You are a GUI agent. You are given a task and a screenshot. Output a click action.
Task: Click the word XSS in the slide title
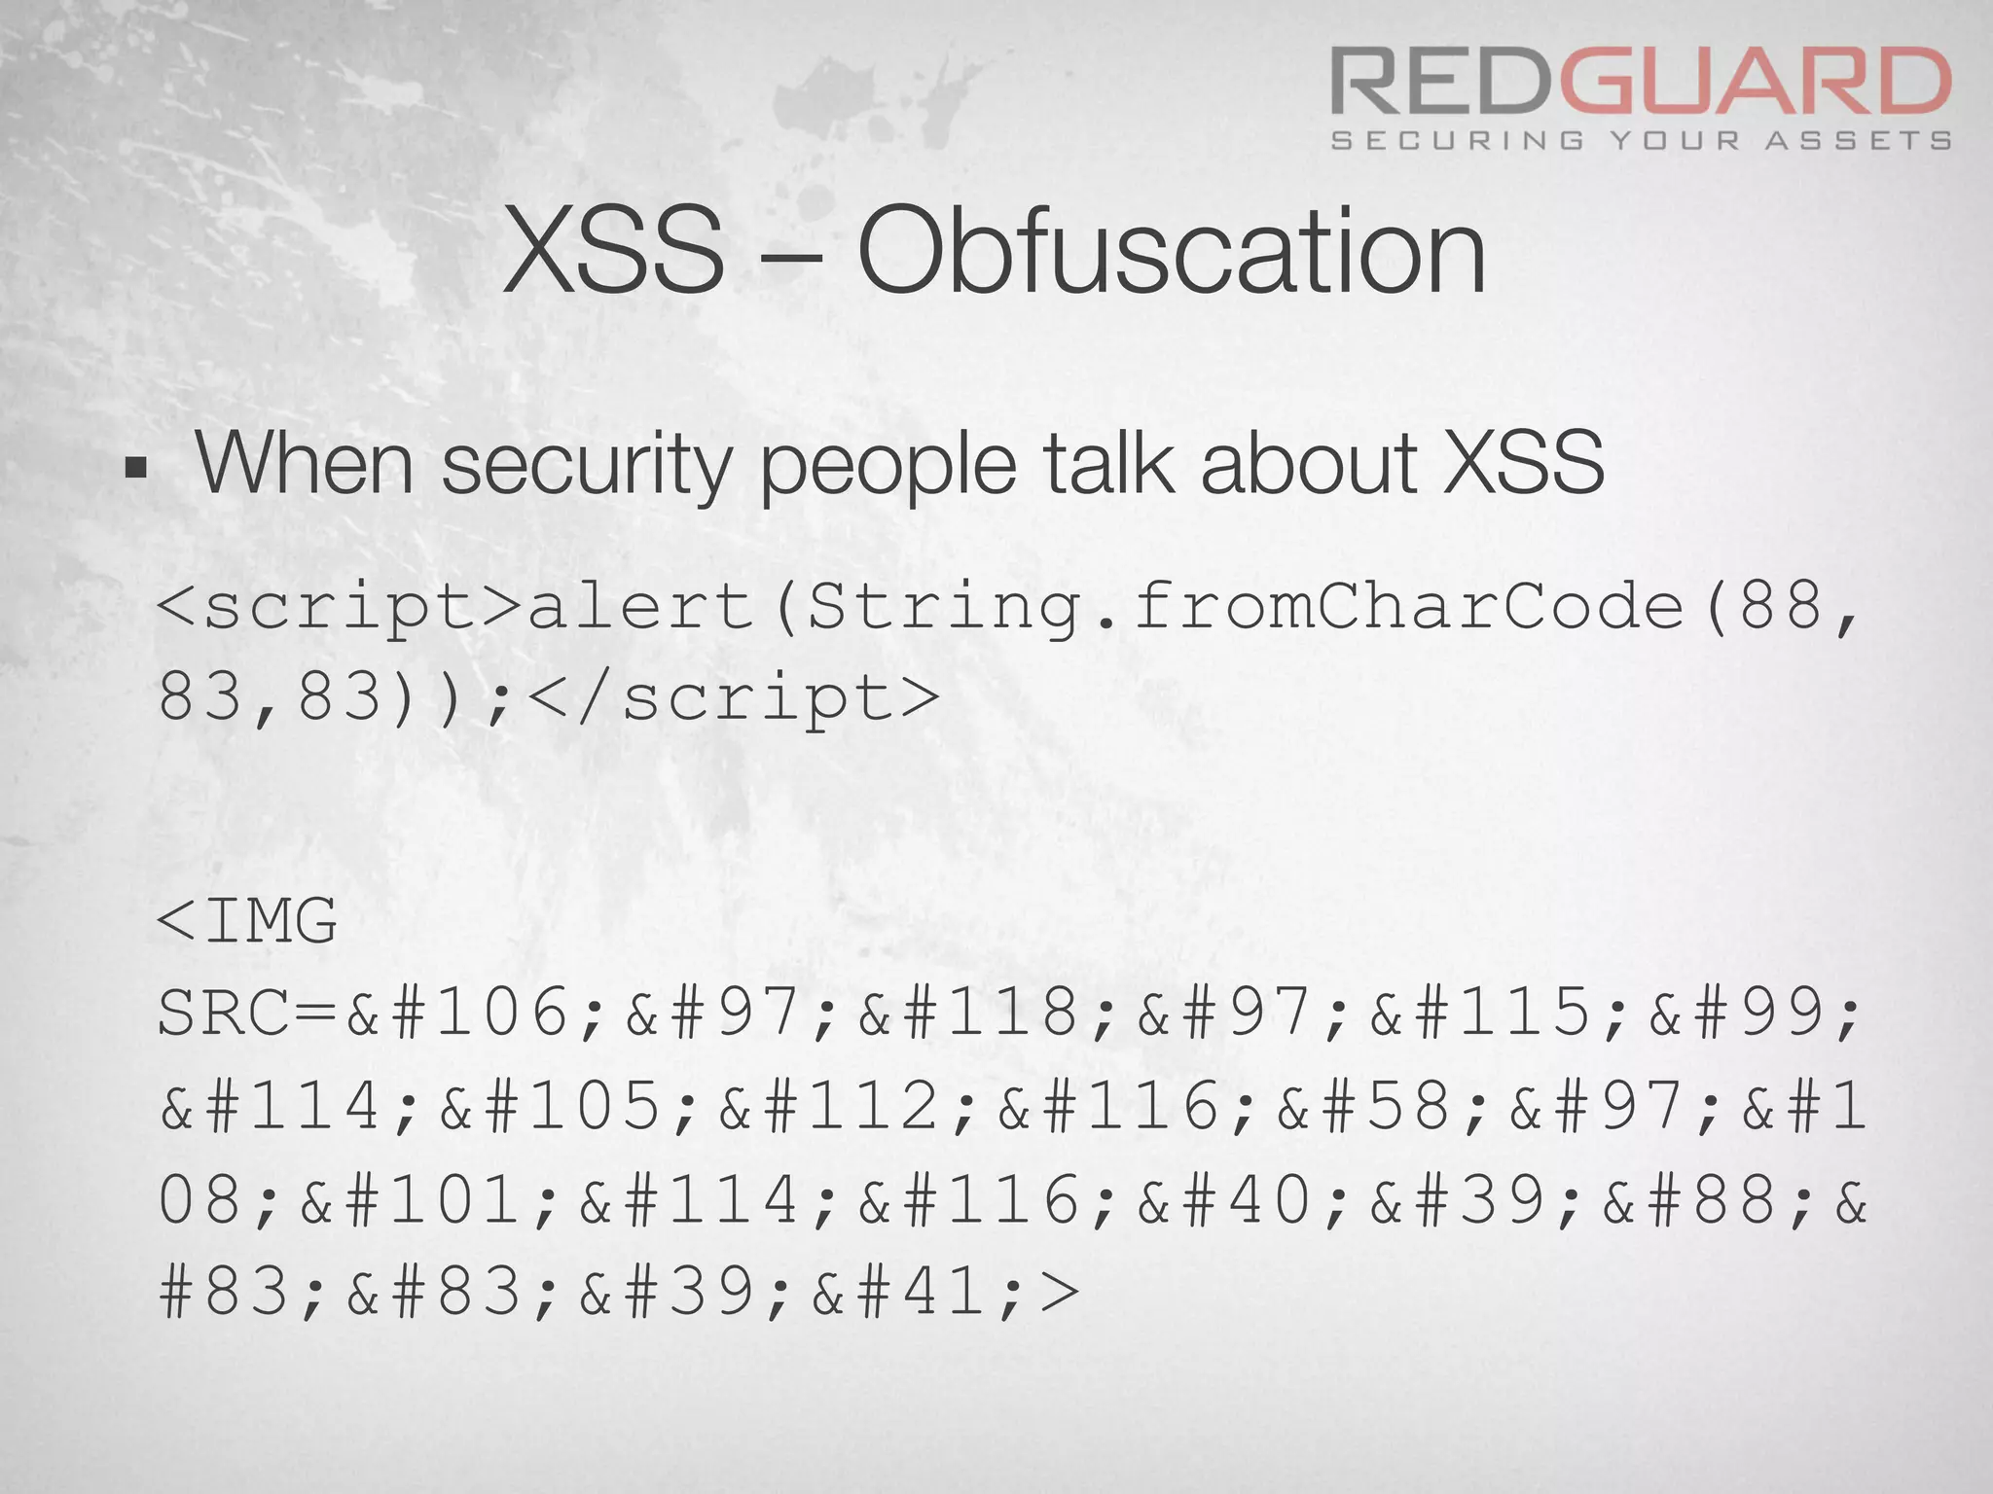point(614,252)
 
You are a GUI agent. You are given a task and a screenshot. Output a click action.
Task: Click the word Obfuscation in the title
point(1171,252)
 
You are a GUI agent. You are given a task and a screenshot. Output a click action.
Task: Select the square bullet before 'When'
point(136,471)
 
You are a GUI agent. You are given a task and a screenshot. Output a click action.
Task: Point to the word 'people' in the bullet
point(888,465)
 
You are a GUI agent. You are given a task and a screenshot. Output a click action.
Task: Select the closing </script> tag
point(737,698)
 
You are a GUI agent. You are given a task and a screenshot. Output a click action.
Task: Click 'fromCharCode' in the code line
point(1408,608)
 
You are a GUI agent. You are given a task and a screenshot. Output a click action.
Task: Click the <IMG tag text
point(247,920)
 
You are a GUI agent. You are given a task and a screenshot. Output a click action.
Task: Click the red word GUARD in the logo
point(1757,83)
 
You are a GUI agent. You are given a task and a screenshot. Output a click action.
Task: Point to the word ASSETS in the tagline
point(1859,141)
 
